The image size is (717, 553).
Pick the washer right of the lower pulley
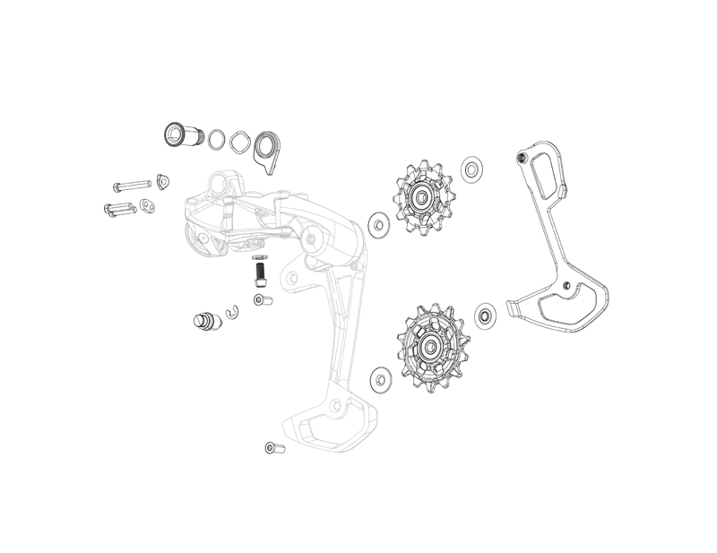point(485,315)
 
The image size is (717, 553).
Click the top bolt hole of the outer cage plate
point(521,158)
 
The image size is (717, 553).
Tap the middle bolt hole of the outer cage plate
point(566,287)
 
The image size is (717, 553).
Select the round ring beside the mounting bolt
point(216,140)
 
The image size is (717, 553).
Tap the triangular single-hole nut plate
point(162,182)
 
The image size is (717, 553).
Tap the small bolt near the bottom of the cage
point(271,447)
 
